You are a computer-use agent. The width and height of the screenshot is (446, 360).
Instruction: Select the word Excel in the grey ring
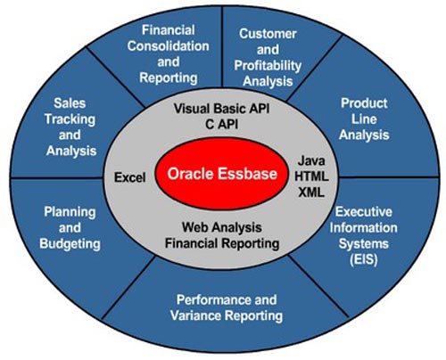pos(130,178)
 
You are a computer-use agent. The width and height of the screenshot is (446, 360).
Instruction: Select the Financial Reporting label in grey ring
pos(220,242)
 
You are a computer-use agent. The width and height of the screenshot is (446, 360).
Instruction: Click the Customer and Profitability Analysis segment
pos(267,57)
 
